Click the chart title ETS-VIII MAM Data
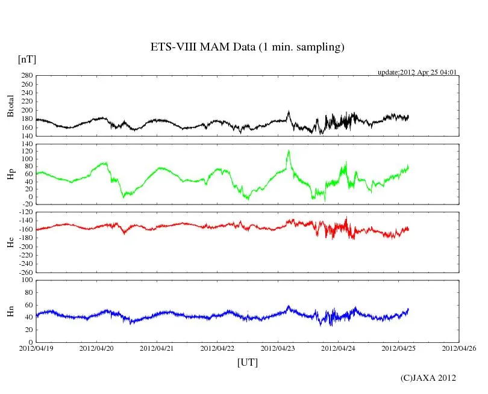coord(247,48)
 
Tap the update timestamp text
coord(417,72)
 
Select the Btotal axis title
coord(10,106)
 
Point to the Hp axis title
coord(10,174)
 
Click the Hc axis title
coord(10,242)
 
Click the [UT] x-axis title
coord(248,362)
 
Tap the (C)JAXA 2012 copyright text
coord(428,378)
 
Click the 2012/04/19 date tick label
coord(36,348)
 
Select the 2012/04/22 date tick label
coord(217,348)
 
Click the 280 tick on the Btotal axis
coord(26,76)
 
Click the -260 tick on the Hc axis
coord(24,272)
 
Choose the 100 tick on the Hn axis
coord(26,280)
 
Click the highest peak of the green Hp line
coord(289,151)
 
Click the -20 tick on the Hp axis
coord(26,204)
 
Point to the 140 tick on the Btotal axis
coord(26,136)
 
